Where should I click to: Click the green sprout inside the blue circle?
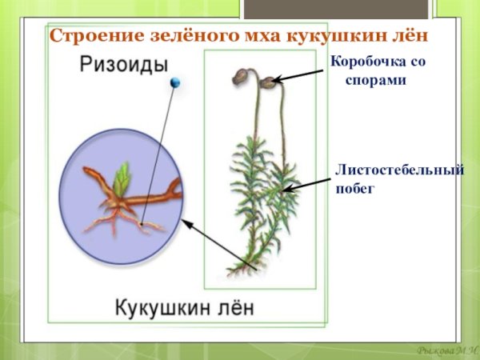[x=122, y=178]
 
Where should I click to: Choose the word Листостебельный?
[x=399, y=170]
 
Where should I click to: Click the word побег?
[x=355, y=189]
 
